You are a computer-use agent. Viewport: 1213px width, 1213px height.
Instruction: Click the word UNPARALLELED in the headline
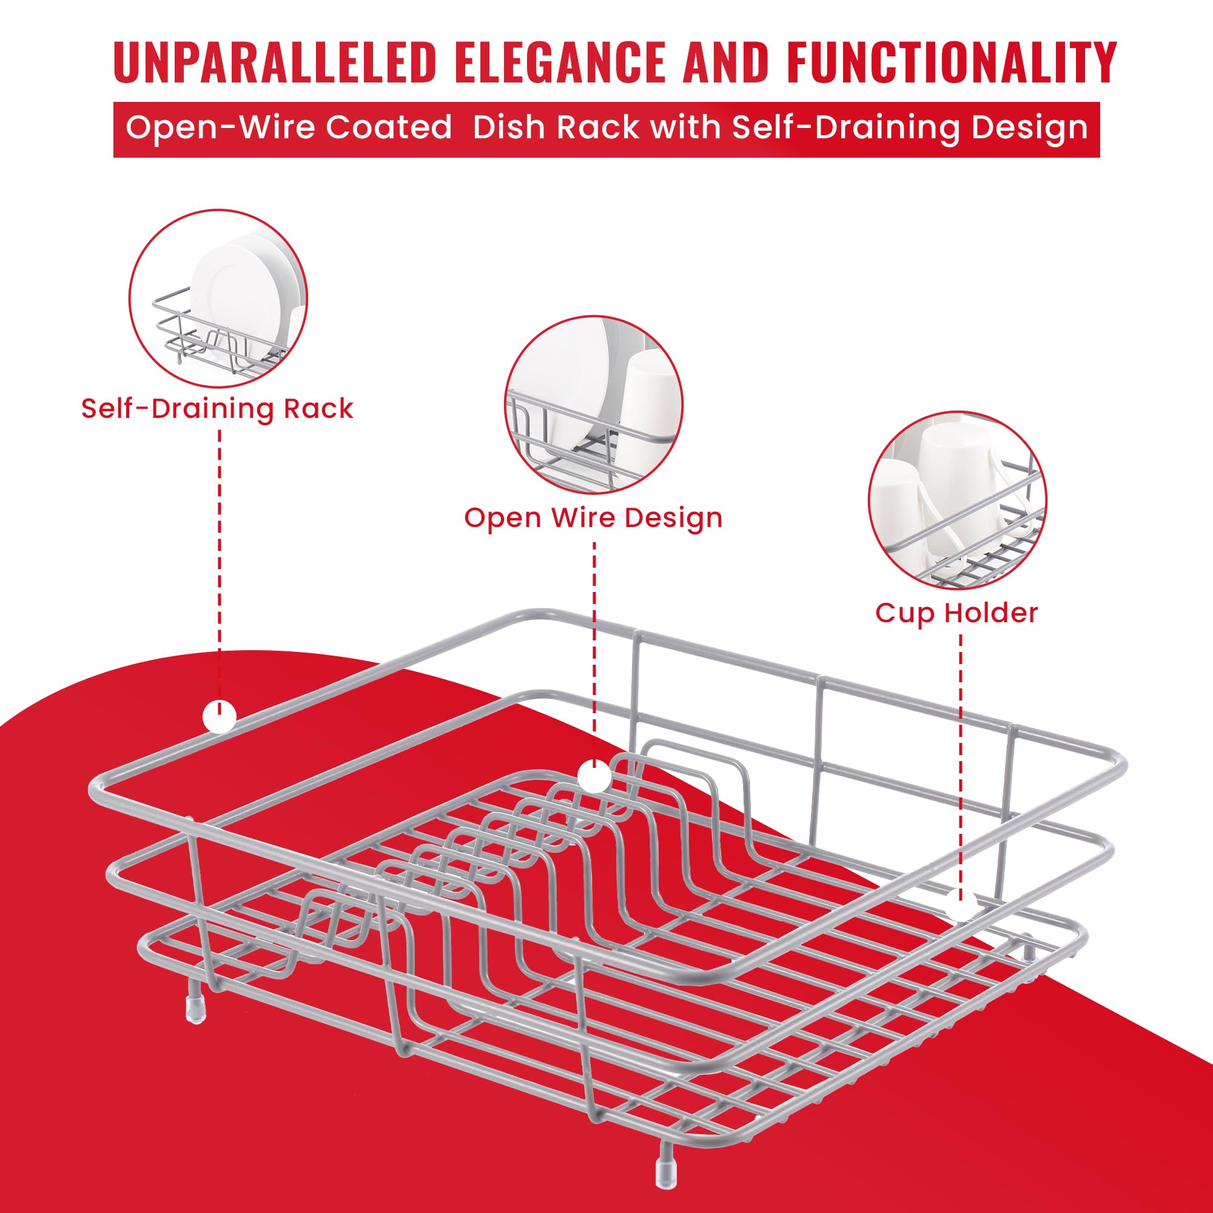click(275, 61)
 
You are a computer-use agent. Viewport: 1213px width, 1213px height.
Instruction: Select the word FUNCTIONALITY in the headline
click(951, 61)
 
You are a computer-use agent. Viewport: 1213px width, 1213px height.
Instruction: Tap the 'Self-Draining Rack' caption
click(217, 409)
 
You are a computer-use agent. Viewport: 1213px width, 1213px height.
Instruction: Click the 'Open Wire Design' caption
click(593, 518)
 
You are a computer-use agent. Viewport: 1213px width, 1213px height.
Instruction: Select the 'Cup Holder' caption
click(957, 613)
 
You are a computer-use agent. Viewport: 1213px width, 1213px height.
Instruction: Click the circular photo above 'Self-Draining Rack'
click(218, 298)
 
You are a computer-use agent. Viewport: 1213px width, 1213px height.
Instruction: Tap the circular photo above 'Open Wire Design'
click(594, 406)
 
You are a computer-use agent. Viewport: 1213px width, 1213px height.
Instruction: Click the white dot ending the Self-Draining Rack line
click(219, 716)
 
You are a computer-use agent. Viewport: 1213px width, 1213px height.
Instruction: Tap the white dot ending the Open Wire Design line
click(594, 776)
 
